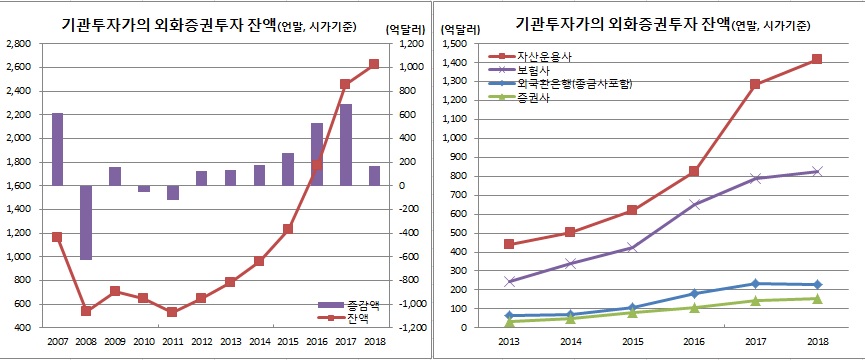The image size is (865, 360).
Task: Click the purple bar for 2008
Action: [x=86, y=222]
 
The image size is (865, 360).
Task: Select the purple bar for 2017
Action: [x=345, y=144]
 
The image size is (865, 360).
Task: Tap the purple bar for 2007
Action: [x=57, y=149]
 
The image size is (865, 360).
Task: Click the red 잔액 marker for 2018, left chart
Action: [x=374, y=64]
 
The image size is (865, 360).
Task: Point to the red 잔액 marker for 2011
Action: [x=172, y=312]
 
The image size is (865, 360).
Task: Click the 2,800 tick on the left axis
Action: [x=18, y=43]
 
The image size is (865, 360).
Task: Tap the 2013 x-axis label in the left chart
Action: [x=230, y=342]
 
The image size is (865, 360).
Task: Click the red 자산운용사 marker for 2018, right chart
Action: [x=818, y=59]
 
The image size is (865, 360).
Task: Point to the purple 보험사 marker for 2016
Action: [x=693, y=204]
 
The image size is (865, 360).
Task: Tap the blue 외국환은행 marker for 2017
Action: [x=755, y=284]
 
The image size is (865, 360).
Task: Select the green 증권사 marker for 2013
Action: [x=510, y=321]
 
